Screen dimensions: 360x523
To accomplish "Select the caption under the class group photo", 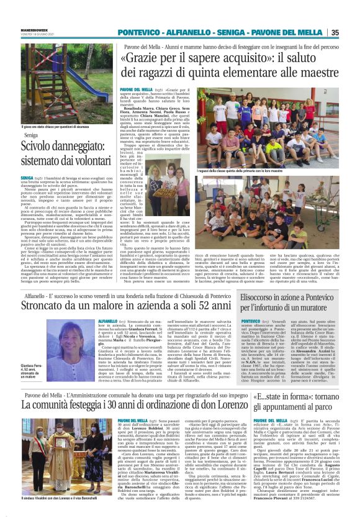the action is point(248,170).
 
